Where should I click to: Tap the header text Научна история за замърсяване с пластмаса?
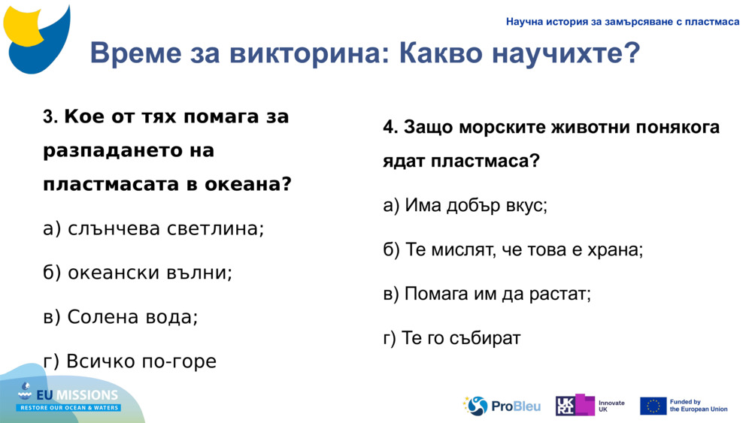point(623,22)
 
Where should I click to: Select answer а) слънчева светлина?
point(153,228)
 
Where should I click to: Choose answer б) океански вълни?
point(138,273)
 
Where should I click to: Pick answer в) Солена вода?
point(120,317)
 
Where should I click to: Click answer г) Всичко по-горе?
point(129,361)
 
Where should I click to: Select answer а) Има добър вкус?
point(465,205)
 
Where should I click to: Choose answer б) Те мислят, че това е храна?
point(513,249)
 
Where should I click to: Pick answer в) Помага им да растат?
point(487,294)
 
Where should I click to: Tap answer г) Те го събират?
point(451,338)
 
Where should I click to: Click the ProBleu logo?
point(502,406)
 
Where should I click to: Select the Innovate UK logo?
point(590,406)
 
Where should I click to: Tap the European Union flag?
point(653,406)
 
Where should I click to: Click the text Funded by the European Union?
point(698,406)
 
